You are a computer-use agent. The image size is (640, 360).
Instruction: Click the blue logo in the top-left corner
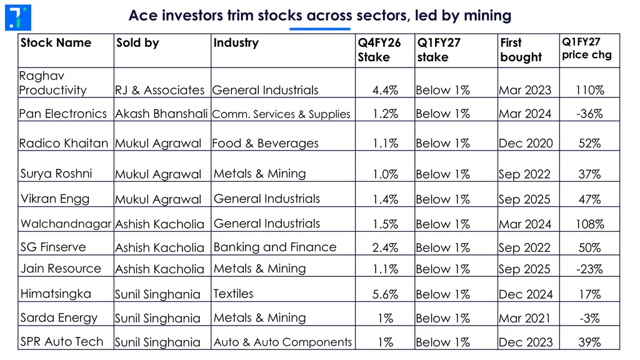[18, 17]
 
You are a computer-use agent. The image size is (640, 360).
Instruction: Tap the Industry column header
[236, 42]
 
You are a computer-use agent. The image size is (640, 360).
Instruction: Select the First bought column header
[521, 50]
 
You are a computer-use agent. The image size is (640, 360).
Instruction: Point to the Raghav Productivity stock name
[52, 83]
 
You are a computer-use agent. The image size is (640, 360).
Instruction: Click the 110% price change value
[590, 90]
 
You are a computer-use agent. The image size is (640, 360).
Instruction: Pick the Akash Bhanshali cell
[161, 114]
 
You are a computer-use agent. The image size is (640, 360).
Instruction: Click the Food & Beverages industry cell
[265, 143]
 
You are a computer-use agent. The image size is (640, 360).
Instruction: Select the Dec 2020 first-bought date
[526, 143]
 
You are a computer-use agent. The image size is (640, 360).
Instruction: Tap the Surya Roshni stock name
[56, 174]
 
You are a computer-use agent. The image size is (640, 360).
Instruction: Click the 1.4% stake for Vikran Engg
[385, 199]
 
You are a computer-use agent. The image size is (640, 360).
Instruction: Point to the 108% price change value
[590, 224]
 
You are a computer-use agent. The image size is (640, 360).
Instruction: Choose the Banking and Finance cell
[275, 247]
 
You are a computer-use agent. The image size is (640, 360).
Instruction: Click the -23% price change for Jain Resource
[589, 269]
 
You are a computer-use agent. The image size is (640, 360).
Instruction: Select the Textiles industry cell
[234, 294]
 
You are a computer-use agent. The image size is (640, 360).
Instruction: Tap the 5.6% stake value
[385, 294]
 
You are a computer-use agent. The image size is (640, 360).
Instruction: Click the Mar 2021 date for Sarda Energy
[525, 318]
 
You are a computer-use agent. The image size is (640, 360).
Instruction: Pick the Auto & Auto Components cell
[283, 342]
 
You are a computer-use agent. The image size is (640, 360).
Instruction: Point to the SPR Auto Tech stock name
[62, 342]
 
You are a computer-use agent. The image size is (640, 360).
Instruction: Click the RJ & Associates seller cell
[159, 90]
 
